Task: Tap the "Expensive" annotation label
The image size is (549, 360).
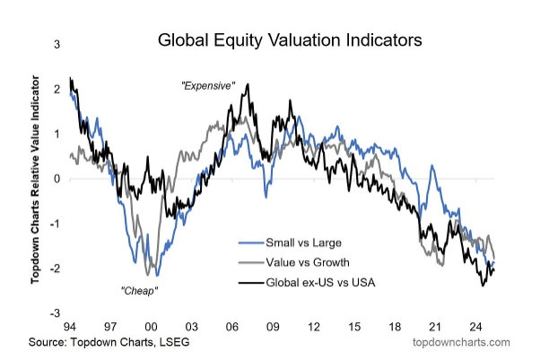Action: click(x=208, y=86)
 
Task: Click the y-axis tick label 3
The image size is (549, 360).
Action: click(x=57, y=44)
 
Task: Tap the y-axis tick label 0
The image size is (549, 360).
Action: click(x=57, y=178)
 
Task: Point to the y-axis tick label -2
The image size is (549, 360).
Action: click(x=56, y=268)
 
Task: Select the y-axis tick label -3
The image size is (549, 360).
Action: click(x=56, y=312)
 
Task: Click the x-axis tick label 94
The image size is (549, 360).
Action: click(x=71, y=327)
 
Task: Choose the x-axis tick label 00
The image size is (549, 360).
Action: click(x=151, y=327)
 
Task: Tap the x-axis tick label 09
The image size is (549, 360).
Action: click(x=273, y=327)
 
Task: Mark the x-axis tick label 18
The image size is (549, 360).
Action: click(x=395, y=327)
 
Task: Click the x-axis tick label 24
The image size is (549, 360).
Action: click(x=476, y=327)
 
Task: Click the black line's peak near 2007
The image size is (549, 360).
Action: click(x=247, y=84)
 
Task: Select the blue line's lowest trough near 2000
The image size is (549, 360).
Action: click(x=156, y=275)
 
